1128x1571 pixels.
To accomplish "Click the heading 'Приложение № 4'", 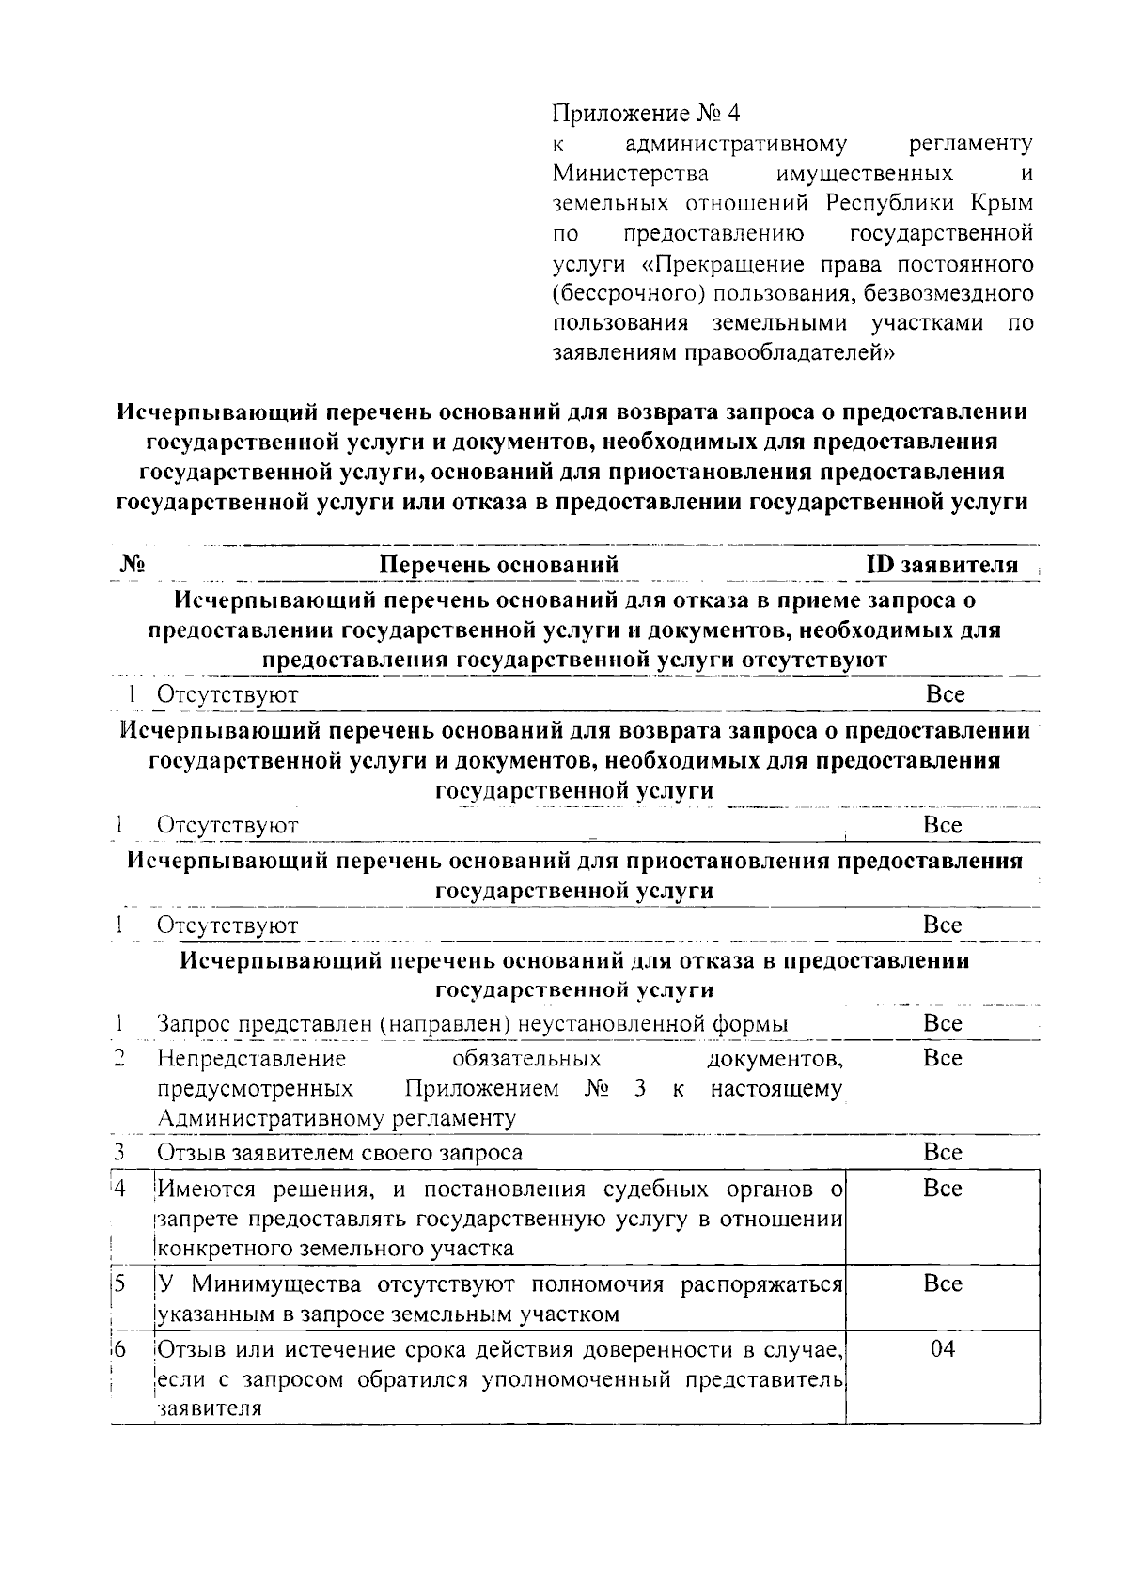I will coord(646,114).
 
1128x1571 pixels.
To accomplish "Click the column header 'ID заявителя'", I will coord(941,565).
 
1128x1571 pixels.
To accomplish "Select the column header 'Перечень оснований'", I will coord(498,565).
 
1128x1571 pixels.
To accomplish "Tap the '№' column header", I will coord(132,564).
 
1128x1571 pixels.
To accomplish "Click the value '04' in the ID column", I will coord(942,1349).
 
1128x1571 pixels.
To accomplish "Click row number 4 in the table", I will coord(118,1189).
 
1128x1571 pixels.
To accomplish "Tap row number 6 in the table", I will coord(118,1350).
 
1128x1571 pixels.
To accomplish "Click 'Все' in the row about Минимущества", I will coord(943,1283).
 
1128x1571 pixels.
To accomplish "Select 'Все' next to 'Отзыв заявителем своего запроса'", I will coord(943,1152).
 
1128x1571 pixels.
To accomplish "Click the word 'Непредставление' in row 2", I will coord(251,1060).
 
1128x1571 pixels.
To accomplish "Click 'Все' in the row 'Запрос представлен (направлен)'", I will coord(943,1023).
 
